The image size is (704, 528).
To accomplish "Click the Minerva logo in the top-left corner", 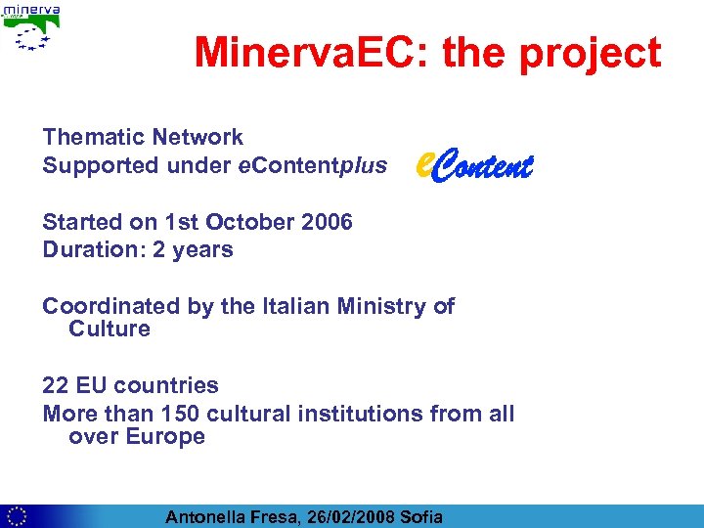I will pyautogui.click(x=32, y=27).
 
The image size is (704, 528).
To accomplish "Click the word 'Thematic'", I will pyautogui.click(x=89, y=138).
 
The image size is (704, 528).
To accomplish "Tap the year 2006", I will pyautogui.click(x=327, y=222).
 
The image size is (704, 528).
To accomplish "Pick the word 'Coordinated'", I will pyautogui.click(x=108, y=306).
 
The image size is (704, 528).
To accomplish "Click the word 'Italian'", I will pyautogui.click(x=295, y=306).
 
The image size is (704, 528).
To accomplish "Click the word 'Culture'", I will pyautogui.click(x=110, y=330).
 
